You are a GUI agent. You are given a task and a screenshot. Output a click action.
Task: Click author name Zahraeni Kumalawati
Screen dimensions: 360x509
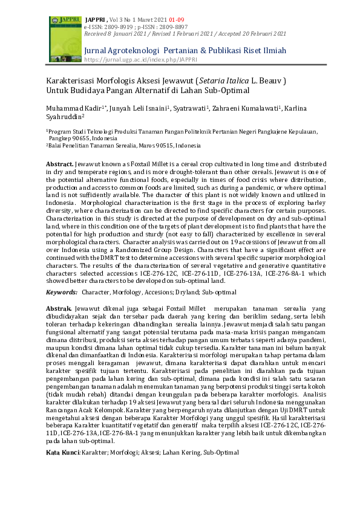click(240, 108)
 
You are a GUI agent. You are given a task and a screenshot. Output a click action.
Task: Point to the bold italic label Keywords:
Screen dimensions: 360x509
click(62, 293)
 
